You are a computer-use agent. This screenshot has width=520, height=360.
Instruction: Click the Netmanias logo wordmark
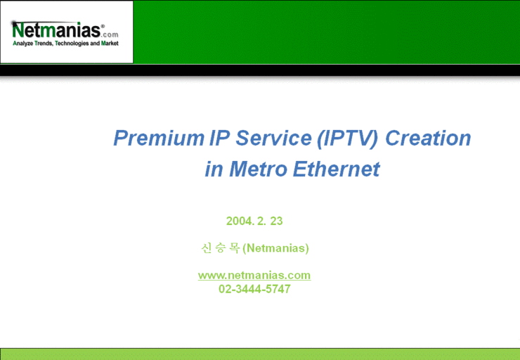(x=56, y=30)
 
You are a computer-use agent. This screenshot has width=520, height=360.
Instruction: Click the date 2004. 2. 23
(x=254, y=221)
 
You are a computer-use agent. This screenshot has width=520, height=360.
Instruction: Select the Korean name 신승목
(x=220, y=248)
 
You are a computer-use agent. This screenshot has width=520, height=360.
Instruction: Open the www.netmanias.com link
(x=254, y=275)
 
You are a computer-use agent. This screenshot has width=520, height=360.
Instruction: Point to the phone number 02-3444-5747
(x=254, y=289)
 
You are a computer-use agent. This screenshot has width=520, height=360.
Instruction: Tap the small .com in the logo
(x=111, y=34)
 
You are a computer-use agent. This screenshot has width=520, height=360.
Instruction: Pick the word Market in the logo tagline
(x=110, y=44)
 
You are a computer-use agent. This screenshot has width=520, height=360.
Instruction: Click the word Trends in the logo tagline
(x=43, y=44)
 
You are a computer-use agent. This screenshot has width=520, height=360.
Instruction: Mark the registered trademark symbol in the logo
(x=103, y=26)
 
